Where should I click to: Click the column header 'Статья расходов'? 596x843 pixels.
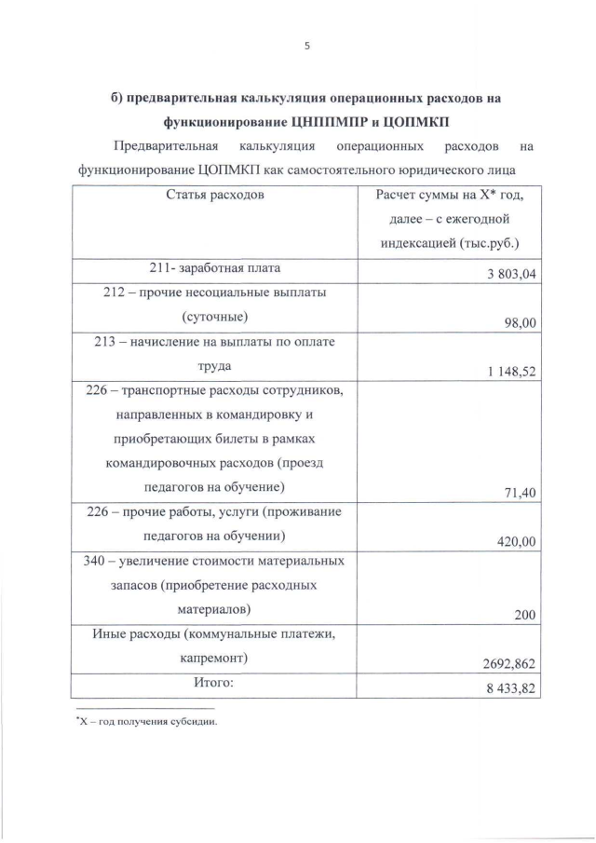pos(215,195)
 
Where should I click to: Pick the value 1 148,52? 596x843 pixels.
pos(514,372)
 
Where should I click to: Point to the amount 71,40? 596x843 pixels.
pos(523,494)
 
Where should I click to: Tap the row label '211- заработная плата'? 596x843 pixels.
pos(215,268)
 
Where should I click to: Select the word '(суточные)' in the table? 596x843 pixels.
pos(215,317)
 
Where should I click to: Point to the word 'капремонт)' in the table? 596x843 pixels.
pos(215,659)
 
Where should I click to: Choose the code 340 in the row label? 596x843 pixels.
pos(97,561)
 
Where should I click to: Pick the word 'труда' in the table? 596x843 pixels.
pos(214,366)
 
